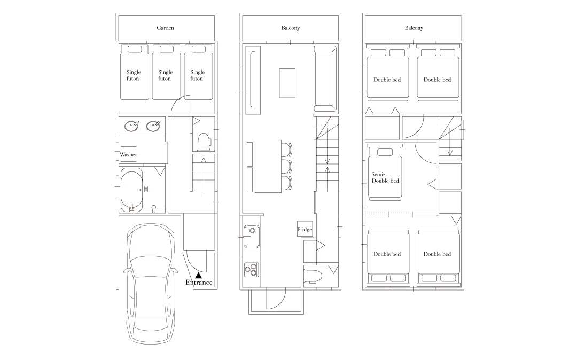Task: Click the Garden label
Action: (x=165, y=28)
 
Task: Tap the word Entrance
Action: (x=199, y=283)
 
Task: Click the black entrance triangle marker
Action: (x=199, y=275)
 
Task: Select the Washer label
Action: (x=128, y=155)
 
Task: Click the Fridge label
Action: (x=305, y=230)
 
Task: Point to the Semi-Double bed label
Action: (x=385, y=177)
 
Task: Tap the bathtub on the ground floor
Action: (x=131, y=189)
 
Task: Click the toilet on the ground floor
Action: (x=204, y=142)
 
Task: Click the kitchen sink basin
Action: (x=251, y=236)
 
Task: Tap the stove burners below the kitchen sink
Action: (x=251, y=270)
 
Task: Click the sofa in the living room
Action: (x=325, y=79)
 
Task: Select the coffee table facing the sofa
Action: (x=287, y=83)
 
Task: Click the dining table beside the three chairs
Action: (x=268, y=166)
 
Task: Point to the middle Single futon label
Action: (x=166, y=75)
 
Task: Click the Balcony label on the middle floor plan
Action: (x=291, y=28)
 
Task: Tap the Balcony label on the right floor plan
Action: (x=414, y=28)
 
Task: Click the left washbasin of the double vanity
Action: (x=131, y=126)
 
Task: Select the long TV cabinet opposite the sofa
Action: (x=253, y=80)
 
